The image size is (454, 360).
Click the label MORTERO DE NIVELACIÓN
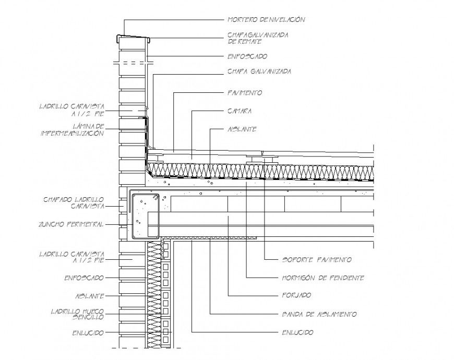[x=266, y=20]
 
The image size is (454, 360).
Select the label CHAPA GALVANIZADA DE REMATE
[x=258, y=38]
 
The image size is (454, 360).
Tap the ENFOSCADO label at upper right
[x=247, y=56]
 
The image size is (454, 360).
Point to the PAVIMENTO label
[x=245, y=93]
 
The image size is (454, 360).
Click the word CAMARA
[x=240, y=111]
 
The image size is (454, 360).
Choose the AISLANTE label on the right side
[x=242, y=129]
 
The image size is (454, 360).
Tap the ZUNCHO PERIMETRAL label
[x=71, y=224]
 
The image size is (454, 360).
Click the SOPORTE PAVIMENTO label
[x=316, y=259]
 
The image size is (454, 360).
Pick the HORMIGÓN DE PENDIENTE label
[x=322, y=278]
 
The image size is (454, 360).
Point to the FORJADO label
[x=296, y=295]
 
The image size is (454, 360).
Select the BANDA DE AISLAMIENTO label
[x=319, y=314]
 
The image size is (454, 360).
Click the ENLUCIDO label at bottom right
[x=297, y=332]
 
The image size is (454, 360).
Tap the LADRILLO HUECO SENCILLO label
[x=77, y=314]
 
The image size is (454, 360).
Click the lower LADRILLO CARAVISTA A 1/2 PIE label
[x=72, y=256]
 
